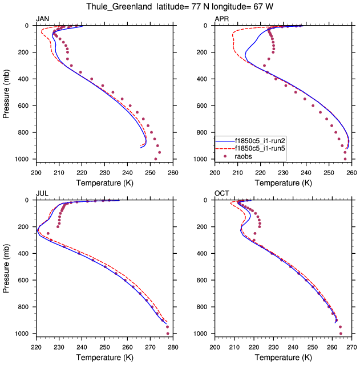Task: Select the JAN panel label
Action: pos(43,19)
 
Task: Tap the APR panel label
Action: pos(221,19)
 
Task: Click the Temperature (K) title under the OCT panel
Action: pos(283,357)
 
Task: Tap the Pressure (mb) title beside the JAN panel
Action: pos(7,92)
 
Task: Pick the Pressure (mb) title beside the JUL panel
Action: pos(7,266)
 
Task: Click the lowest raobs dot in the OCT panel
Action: pos(341,334)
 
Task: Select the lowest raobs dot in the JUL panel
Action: pos(168,334)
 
